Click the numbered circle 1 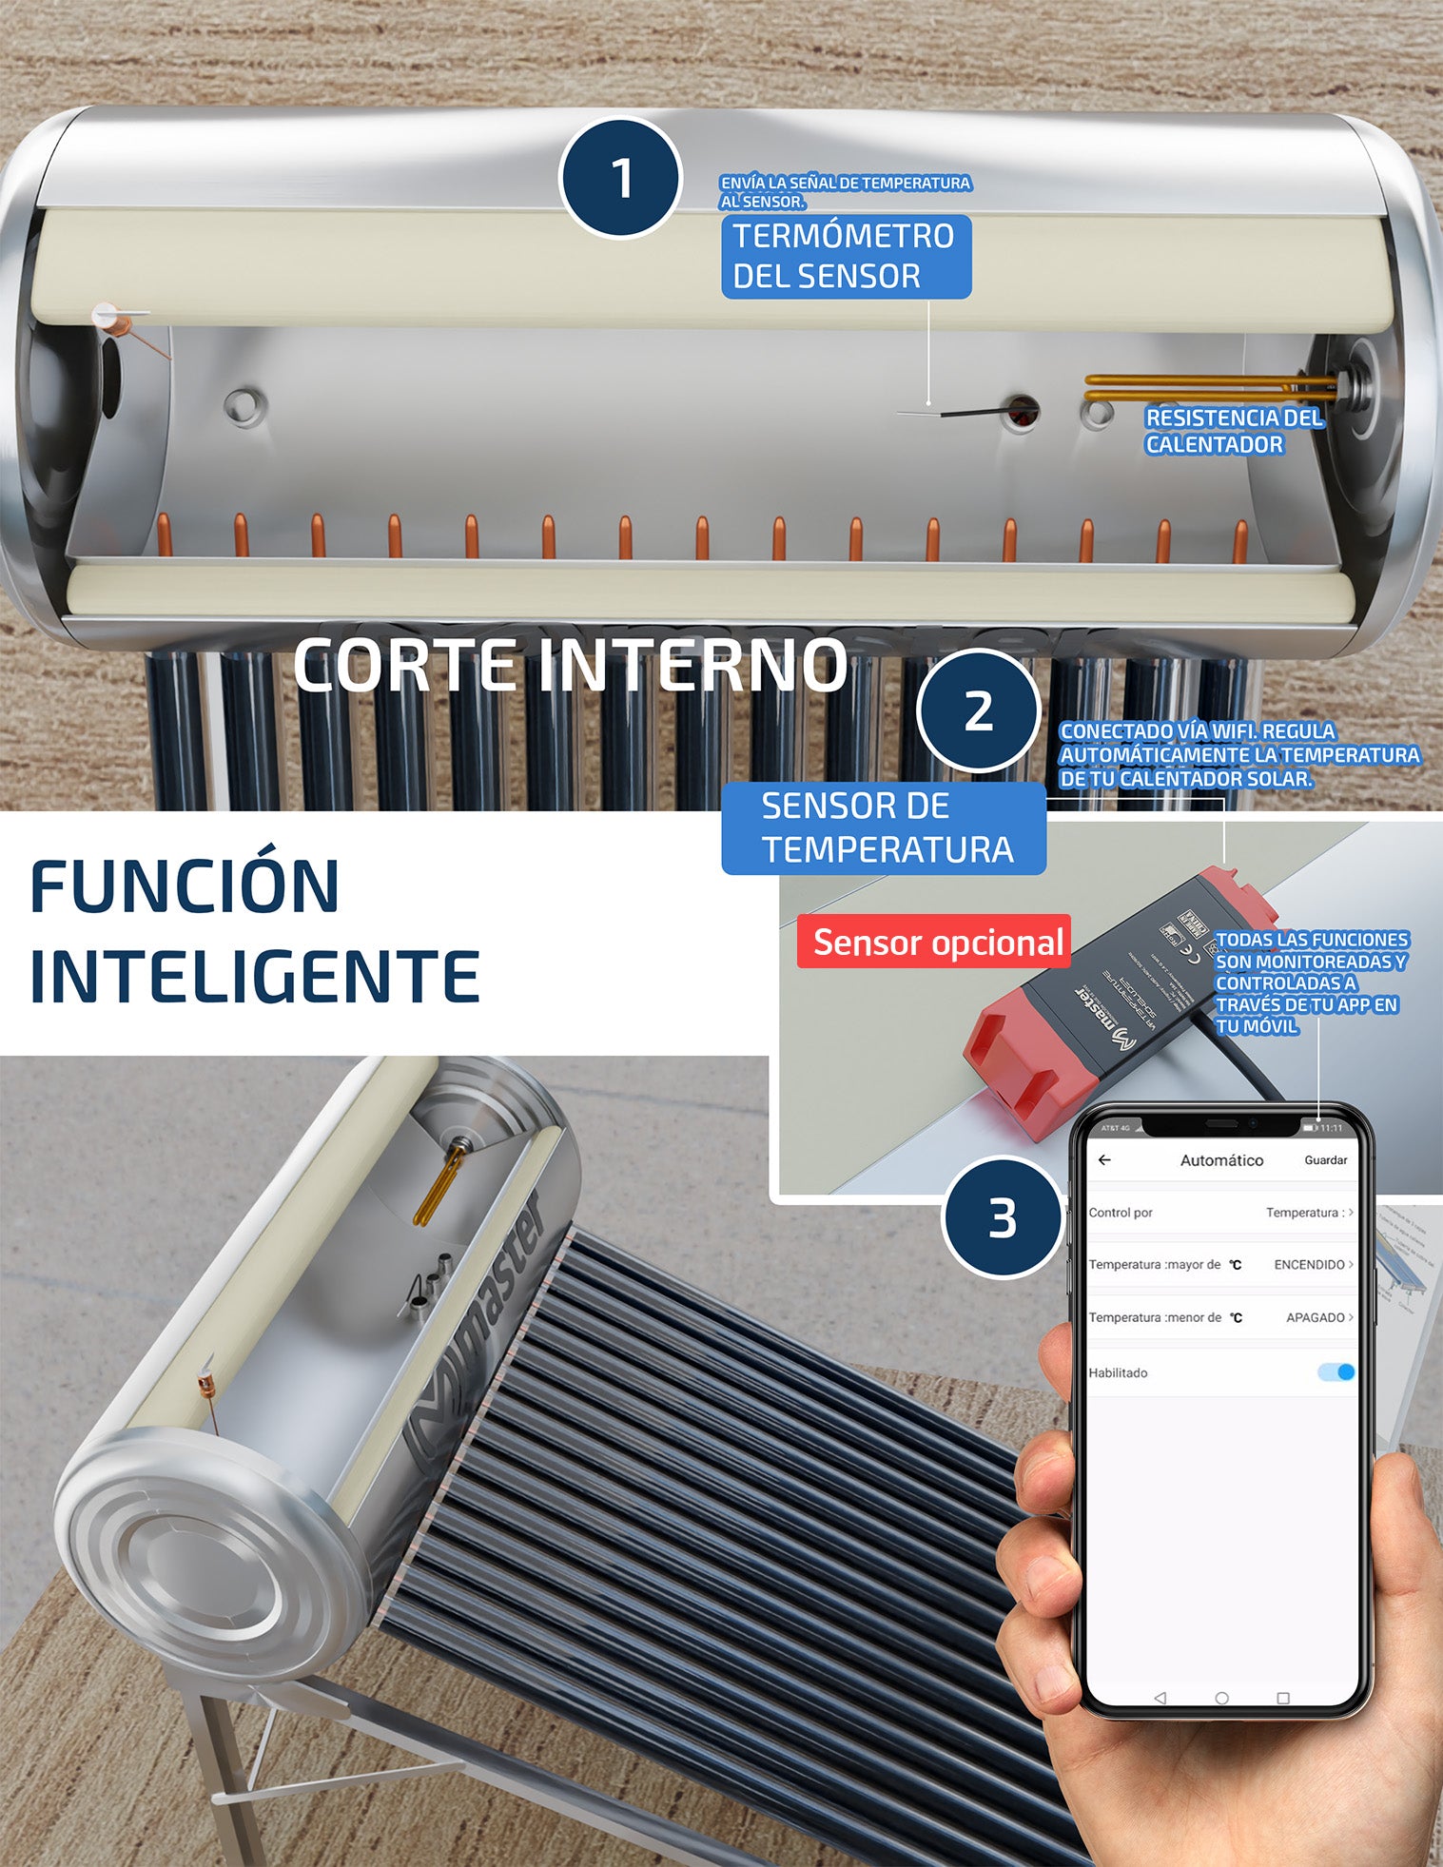click(x=620, y=178)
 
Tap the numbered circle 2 click(x=978, y=710)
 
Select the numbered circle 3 click(x=1002, y=1218)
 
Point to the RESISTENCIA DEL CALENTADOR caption click(x=1233, y=431)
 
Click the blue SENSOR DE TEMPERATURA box click(x=883, y=827)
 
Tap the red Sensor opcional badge click(x=934, y=942)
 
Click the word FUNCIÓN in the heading click(x=185, y=886)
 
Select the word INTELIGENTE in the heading click(x=254, y=977)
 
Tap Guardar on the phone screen click(x=1325, y=1160)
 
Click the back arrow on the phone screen click(x=1104, y=1160)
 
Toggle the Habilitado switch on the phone click(x=1336, y=1372)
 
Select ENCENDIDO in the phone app click(x=1309, y=1265)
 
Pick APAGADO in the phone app click(x=1315, y=1317)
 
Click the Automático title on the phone click(x=1221, y=1160)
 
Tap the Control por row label click(x=1121, y=1213)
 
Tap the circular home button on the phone click(x=1222, y=1698)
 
